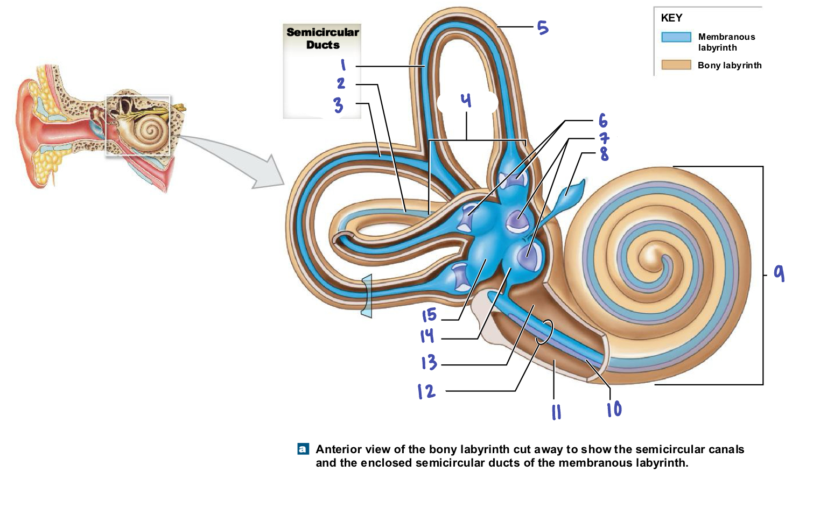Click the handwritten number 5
(543, 27)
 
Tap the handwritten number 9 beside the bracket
(779, 273)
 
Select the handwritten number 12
(426, 391)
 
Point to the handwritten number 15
(429, 315)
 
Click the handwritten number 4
(466, 100)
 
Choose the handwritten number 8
(605, 154)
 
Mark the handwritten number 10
(614, 410)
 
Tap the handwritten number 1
(343, 65)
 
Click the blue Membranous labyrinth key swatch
(676, 37)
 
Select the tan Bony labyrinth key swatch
(676, 65)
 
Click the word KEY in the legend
(671, 18)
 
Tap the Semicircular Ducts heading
(323, 38)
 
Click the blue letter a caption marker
(303, 449)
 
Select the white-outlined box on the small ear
(138, 126)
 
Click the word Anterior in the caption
(338, 449)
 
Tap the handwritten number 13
(429, 362)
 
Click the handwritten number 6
(603, 121)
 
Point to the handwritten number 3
(338, 104)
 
